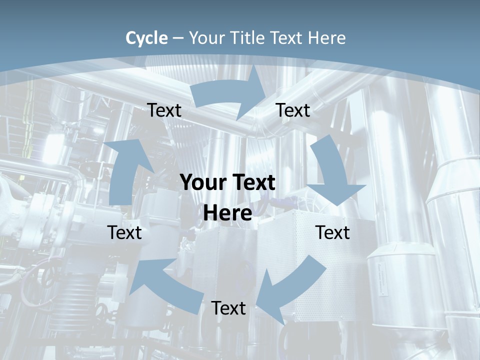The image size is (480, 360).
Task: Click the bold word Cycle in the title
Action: pos(146,38)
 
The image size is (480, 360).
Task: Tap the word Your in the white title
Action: pos(207,38)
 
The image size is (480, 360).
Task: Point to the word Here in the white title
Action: pos(326,38)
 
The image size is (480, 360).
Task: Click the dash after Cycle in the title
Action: pos(178,38)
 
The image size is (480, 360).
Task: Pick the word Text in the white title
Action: pos(289,38)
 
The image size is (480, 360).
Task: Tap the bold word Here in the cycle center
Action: pos(227,213)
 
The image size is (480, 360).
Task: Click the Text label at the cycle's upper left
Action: pos(164,110)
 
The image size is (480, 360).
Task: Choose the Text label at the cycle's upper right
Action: pos(293,110)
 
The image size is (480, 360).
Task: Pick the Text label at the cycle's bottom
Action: pos(228,308)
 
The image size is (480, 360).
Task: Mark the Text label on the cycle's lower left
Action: pos(124,232)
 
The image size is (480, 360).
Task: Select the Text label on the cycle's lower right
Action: pos(332,232)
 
